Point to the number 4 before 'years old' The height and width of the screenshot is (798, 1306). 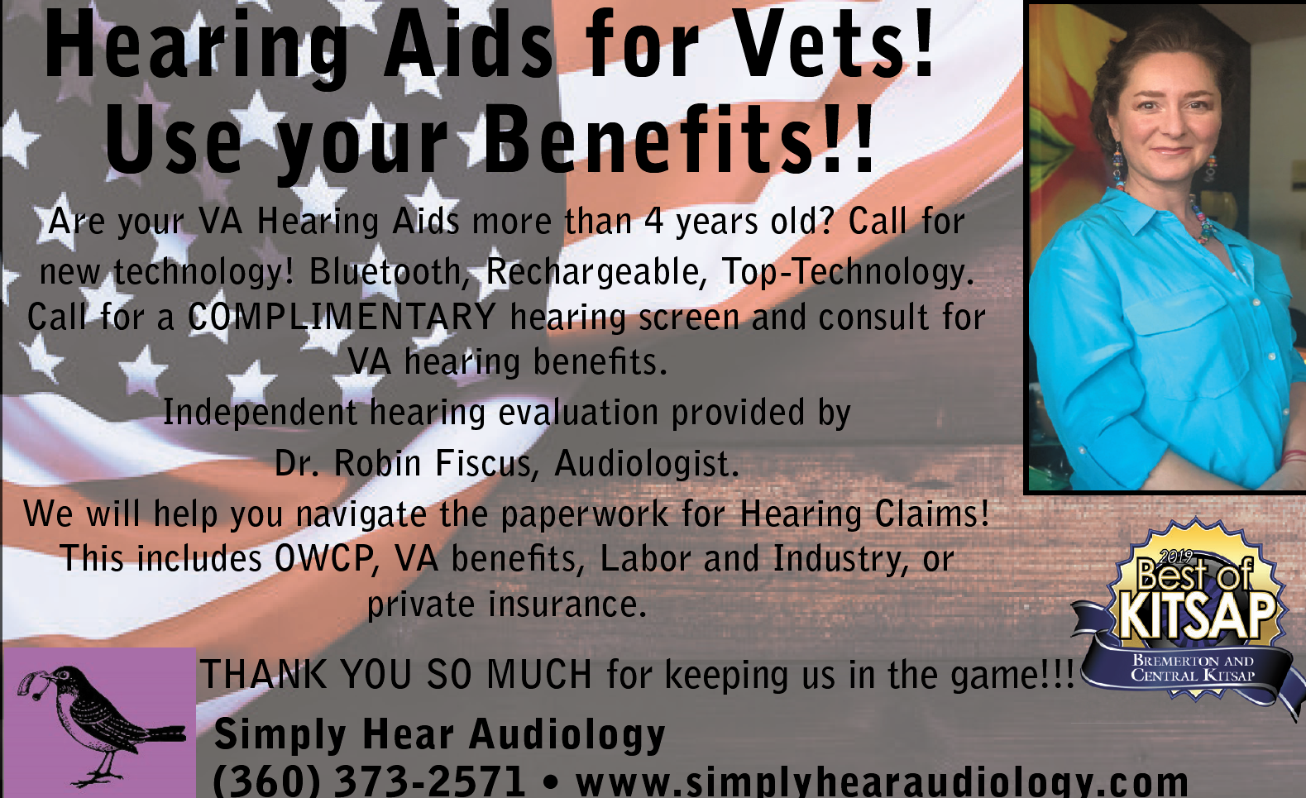pos(653,221)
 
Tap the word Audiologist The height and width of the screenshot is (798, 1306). pos(646,464)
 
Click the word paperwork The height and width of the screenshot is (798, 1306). pos(584,515)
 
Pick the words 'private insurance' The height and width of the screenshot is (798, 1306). pos(507,604)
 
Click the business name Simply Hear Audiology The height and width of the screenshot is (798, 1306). pos(440,733)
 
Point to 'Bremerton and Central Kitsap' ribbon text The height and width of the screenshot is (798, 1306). pos(1193,668)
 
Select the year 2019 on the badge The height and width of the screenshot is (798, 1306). pos(1175,557)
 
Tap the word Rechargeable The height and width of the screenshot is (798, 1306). pos(596,271)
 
